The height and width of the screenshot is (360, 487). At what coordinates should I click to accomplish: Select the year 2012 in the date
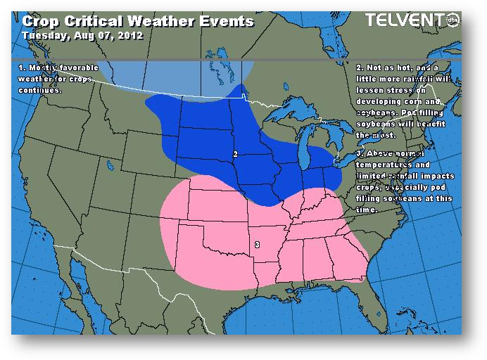pos(129,34)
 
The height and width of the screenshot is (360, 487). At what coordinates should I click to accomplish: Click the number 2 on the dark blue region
pos(235,153)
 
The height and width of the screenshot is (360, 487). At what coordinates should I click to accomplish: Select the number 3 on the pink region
pos(257,244)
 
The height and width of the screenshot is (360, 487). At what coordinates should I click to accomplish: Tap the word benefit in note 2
pos(436,124)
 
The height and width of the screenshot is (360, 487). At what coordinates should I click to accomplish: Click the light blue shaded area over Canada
pos(176,74)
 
